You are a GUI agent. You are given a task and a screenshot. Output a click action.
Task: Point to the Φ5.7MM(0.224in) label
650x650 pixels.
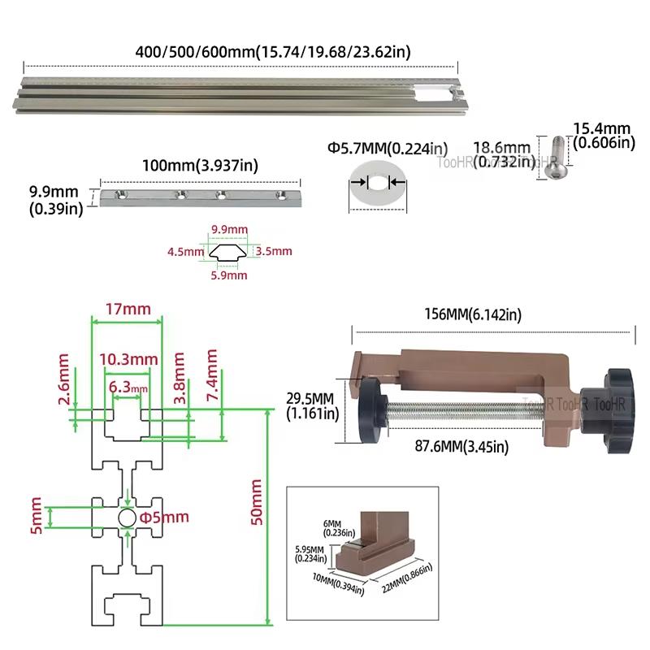click(x=387, y=148)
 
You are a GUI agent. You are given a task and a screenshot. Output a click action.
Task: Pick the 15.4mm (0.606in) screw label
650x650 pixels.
click(x=602, y=136)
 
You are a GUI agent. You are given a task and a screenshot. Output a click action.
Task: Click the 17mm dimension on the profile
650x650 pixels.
click(x=126, y=310)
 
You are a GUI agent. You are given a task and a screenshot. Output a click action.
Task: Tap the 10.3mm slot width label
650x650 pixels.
click(x=128, y=359)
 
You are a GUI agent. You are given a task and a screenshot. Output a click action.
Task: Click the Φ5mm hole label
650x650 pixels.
click(x=164, y=517)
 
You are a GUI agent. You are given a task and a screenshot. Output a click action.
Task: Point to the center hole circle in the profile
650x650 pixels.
click(x=127, y=518)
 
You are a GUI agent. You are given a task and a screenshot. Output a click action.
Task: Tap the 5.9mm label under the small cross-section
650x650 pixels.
click(x=228, y=275)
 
